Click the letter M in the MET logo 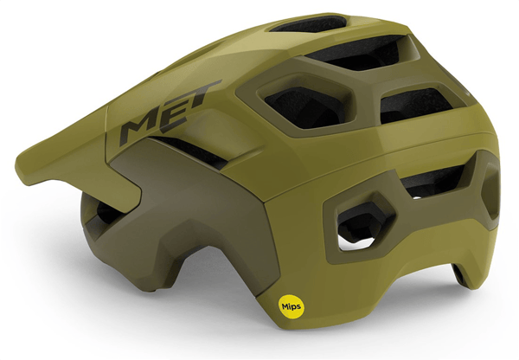(139, 127)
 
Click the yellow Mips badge (292, 306)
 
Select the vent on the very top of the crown (309, 23)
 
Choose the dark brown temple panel (185, 212)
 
